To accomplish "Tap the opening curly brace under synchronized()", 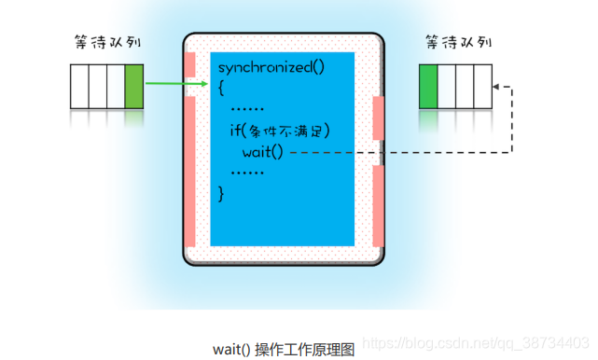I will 222,88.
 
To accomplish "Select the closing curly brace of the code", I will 222,193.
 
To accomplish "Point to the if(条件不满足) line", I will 280,131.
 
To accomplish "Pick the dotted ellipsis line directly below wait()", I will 247,173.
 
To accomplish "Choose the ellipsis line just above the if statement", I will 247,109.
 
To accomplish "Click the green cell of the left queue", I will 134,85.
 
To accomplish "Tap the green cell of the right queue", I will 429,85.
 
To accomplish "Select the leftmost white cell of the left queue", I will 80,85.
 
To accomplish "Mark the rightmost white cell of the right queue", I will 482,85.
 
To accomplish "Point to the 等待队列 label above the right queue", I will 456,44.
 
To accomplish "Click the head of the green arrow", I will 202,85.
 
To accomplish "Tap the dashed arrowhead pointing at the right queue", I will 497,87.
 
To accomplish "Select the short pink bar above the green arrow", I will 190,63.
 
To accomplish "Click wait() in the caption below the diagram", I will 231,350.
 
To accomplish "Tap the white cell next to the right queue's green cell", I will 447,85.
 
